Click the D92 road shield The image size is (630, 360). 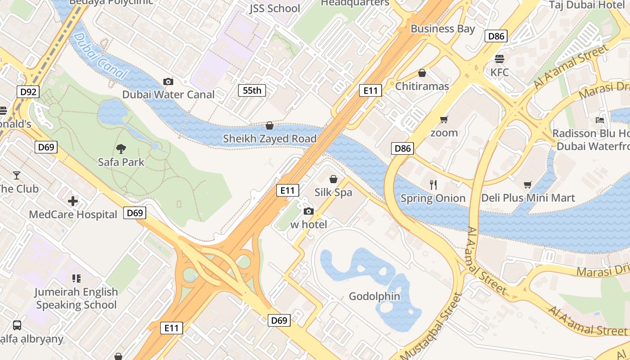[28, 92]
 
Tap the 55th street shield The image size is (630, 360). [252, 90]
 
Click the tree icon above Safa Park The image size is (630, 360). [121, 148]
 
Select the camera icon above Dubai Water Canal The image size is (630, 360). [168, 81]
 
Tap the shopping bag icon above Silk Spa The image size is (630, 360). [333, 179]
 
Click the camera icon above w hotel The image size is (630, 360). [309, 211]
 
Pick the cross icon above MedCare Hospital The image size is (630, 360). [73, 201]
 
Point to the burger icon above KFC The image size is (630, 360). [499, 59]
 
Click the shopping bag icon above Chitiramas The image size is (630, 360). [422, 73]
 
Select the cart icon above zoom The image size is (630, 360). [444, 119]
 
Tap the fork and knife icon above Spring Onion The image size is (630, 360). [433, 184]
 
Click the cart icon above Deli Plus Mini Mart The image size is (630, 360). [528, 184]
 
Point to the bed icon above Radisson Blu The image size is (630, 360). [600, 120]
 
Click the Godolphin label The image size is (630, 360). [374, 296]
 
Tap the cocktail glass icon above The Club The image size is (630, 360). [17, 175]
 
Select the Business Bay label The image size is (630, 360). [443, 29]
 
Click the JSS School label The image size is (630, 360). [274, 8]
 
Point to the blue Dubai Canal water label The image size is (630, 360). [99, 56]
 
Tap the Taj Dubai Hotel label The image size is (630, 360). [587, 5]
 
